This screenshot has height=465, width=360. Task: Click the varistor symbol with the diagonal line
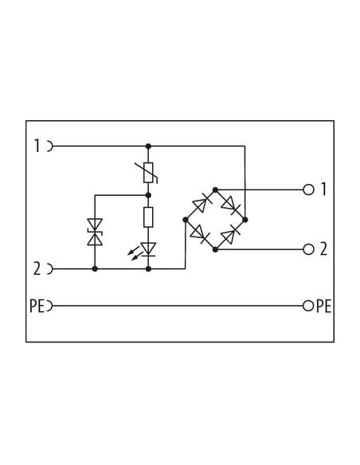click(148, 173)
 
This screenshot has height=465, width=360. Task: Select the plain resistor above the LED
click(148, 217)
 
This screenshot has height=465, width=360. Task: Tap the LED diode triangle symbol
click(148, 249)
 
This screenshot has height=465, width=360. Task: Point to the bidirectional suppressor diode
click(95, 232)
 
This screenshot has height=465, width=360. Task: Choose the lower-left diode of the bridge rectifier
click(200, 234)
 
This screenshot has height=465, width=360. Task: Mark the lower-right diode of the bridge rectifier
click(231, 235)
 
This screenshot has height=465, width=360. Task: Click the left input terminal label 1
click(37, 146)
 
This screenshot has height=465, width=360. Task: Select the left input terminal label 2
click(37, 269)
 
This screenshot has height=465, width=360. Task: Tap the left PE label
click(37, 306)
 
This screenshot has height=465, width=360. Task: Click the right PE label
click(323, 306)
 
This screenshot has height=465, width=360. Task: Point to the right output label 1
click(323, 190)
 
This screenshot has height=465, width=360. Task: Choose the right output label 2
click(323, 249)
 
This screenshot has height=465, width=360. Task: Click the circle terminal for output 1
click(308, 190)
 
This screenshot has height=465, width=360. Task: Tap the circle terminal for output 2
click(308, 249)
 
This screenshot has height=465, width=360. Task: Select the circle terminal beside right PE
click(308, 306)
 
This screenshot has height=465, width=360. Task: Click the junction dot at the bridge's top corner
click(216, 190)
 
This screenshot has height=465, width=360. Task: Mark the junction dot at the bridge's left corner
click(186, 220)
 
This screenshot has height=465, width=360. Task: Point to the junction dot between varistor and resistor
click(149, 195)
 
